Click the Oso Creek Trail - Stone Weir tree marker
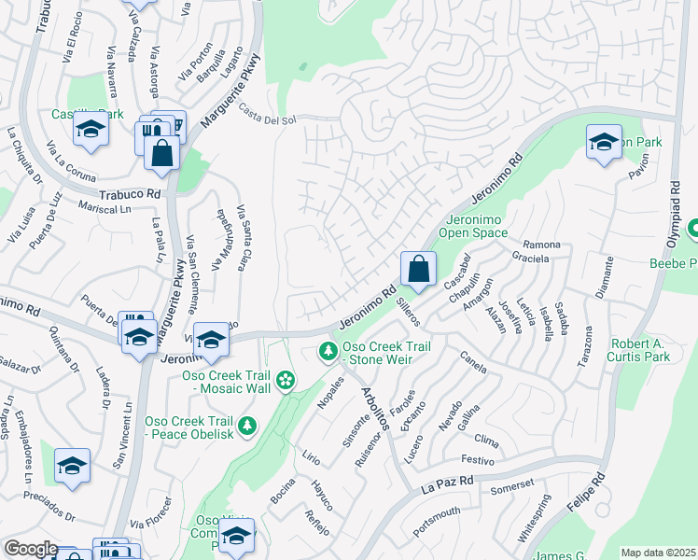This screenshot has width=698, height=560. [x=328, y=352]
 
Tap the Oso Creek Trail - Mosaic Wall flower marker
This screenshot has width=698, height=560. [x=286, y=380]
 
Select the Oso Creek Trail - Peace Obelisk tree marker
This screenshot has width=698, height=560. [x=247, y=427]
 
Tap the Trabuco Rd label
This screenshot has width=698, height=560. [x=132, y=193]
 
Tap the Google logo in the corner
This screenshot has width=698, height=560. [x=31, y=549]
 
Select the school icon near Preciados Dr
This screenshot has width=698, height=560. [x=72, y=467]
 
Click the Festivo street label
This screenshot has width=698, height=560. [x=477, y=459]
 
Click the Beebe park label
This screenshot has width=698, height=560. [x=673, y=262]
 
